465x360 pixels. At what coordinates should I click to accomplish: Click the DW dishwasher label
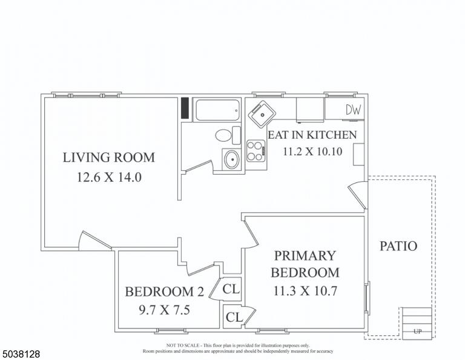[x=354, y=110]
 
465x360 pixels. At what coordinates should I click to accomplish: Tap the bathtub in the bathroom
[x=217, y=110]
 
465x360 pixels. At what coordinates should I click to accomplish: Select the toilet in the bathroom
[x=228, y=135]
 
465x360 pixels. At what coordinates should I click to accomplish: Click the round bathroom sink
[x=231, y=159]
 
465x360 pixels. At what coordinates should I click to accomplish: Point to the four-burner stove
[x=256, y=151]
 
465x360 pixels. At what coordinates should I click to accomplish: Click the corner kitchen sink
[x=262, y=115]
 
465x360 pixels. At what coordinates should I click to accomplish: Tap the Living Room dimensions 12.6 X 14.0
[x=109, y=177]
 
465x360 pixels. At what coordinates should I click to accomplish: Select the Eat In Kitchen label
[x=312, y=135]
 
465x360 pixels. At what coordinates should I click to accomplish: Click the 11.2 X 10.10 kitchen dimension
[x=312, y=152]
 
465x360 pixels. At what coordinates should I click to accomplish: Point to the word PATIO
[x=398, y=246]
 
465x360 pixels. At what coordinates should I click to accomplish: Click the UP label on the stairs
[x=417, y=332]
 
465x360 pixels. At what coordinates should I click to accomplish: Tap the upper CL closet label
[x=231, y=288]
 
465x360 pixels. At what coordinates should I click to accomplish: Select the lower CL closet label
[x=234, y=317]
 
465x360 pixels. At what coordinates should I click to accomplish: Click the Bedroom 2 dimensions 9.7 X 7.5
[x=164, y=310]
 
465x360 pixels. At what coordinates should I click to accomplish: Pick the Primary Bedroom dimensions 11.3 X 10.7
[x=305, y=291]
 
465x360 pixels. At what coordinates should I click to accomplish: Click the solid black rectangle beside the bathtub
[x=185, y=108]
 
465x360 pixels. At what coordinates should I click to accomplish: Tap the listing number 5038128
[x=21, y=354]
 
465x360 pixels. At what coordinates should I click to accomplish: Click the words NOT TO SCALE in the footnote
[x=183, y=345]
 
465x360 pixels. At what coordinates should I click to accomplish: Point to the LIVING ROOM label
[x=109, y=158]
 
